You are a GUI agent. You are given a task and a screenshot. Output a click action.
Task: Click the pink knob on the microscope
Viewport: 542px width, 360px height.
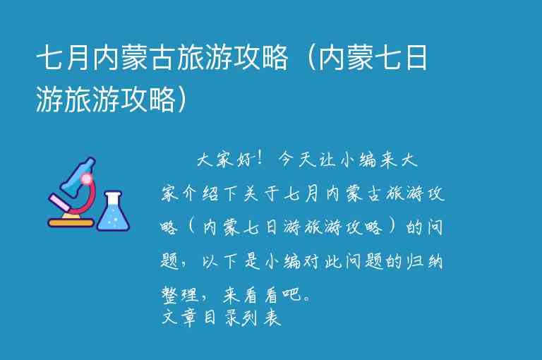tap(87, 179)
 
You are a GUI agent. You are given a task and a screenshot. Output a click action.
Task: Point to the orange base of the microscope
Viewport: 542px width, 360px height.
tap(71, 223)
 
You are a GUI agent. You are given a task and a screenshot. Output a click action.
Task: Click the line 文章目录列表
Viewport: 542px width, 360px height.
tap(222, 318)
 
